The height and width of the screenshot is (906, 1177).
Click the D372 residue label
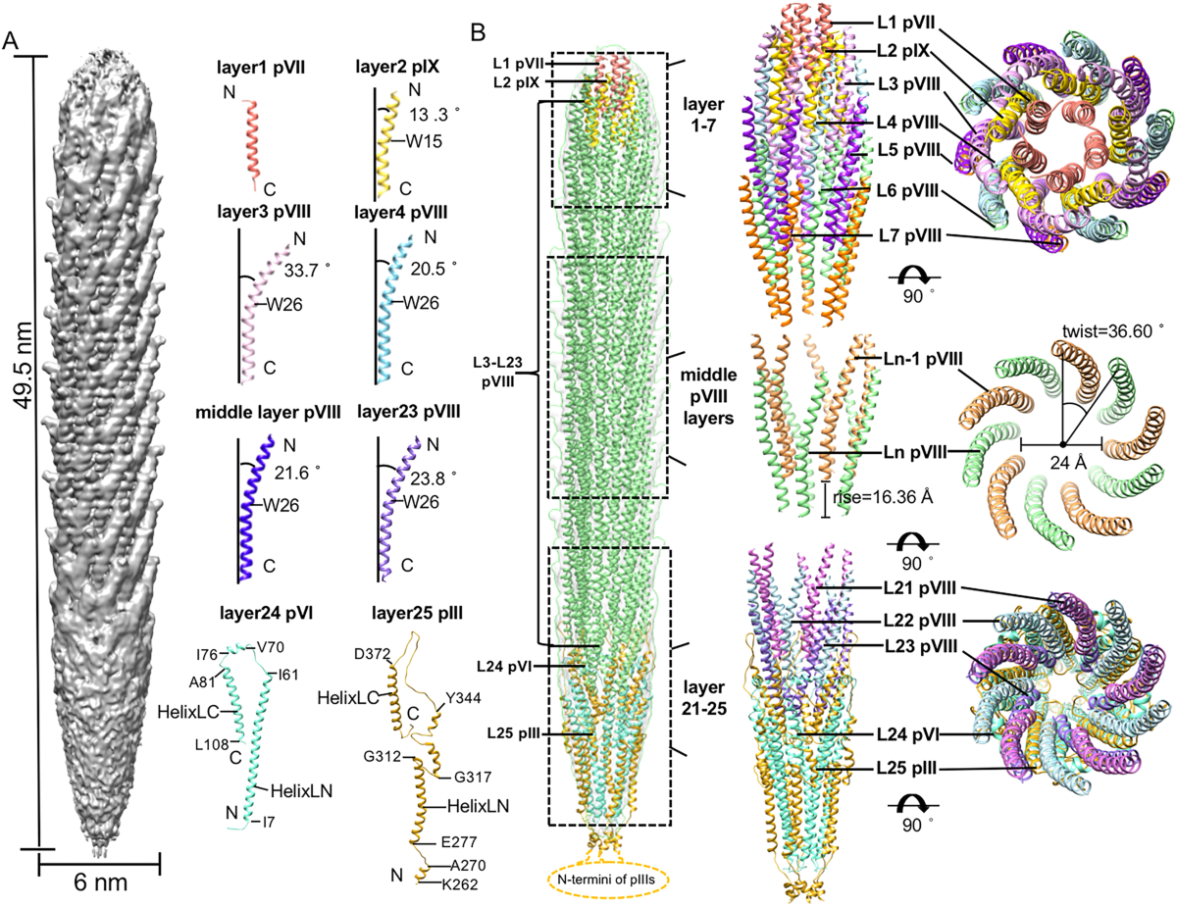(370, 653)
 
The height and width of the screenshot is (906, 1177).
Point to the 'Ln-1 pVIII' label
(902, 360)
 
